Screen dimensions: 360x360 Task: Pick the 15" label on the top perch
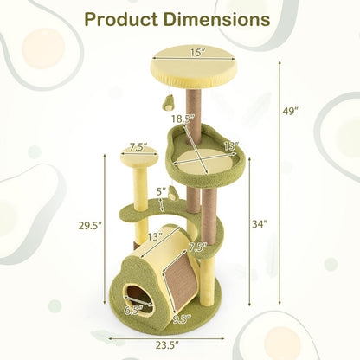pos(198,53)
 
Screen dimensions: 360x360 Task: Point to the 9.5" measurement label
pos(181,318)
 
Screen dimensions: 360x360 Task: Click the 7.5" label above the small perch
pos(139,147)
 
